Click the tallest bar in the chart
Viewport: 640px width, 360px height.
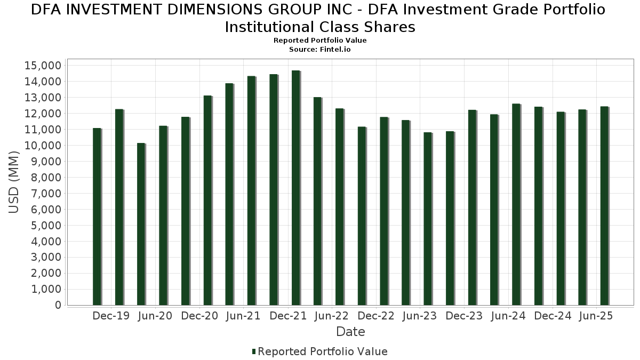(x=295, y=188)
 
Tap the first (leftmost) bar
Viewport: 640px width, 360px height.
(x=97, y=217)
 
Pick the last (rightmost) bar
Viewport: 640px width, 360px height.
(x=604, y=206)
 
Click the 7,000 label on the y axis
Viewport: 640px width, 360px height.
(x=47, y=194)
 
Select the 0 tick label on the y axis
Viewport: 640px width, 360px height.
(x=57, y=306)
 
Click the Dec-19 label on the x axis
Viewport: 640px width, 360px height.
(x=111, y=316)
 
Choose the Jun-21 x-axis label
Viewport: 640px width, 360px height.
(x=243, y=316)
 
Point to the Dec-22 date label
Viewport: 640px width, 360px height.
(x=376, y=316)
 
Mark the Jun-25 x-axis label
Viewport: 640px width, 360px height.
(x=596, y=316)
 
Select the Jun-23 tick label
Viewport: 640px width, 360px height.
(x=420, y=316)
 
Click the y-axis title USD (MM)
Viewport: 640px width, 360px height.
(x=14, y=182)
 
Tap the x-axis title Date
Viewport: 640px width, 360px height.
(x=350, y=332)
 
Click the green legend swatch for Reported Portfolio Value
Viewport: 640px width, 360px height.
(x=254, y=351)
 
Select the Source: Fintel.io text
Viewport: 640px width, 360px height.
(x=320, y=49)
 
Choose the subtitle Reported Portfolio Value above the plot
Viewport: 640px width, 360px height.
(x=320, y=41)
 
